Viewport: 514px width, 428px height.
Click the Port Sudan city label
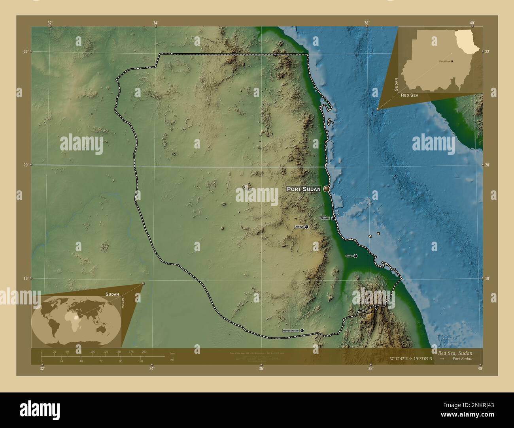click(304, 189)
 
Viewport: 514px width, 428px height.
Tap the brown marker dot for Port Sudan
click(327, 189)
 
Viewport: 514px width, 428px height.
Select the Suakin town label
click(325, 218)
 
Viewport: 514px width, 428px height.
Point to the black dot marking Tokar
click(355, 256)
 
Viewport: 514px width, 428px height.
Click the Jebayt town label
click(299, 227)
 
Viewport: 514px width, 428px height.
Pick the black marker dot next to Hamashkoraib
click(302, 330)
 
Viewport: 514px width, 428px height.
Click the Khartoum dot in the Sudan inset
click(452, 61)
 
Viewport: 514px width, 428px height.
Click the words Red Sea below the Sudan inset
click(409, 96)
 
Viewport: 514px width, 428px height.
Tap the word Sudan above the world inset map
click(112, 294)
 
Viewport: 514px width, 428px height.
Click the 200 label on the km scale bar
click(144, 351)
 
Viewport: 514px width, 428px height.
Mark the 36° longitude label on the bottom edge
click(261, 369)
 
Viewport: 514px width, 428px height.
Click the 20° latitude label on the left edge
click(25, 165)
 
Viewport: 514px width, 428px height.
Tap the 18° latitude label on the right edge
click(487, 278)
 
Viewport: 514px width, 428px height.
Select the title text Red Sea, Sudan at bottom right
click(455, 353)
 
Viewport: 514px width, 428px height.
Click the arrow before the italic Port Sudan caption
click(442, 359)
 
